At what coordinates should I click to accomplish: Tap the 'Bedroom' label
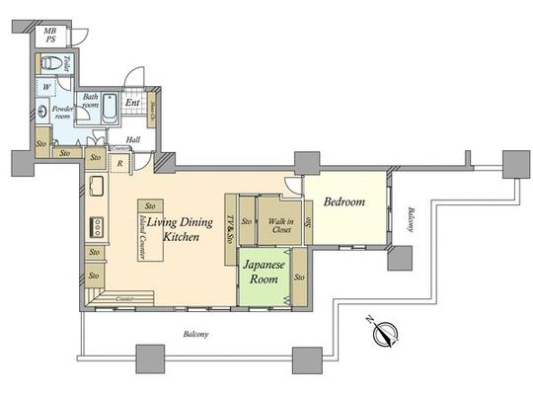tap(344, 202)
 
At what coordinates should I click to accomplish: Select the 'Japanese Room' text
tap(265, 272)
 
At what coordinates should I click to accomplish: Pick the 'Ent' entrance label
tap(132, 102)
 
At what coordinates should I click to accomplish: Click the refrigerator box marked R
tap(119, 163)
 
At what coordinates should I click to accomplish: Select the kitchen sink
tap(96, 187)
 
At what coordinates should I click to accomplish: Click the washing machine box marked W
tap(47, 86)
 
